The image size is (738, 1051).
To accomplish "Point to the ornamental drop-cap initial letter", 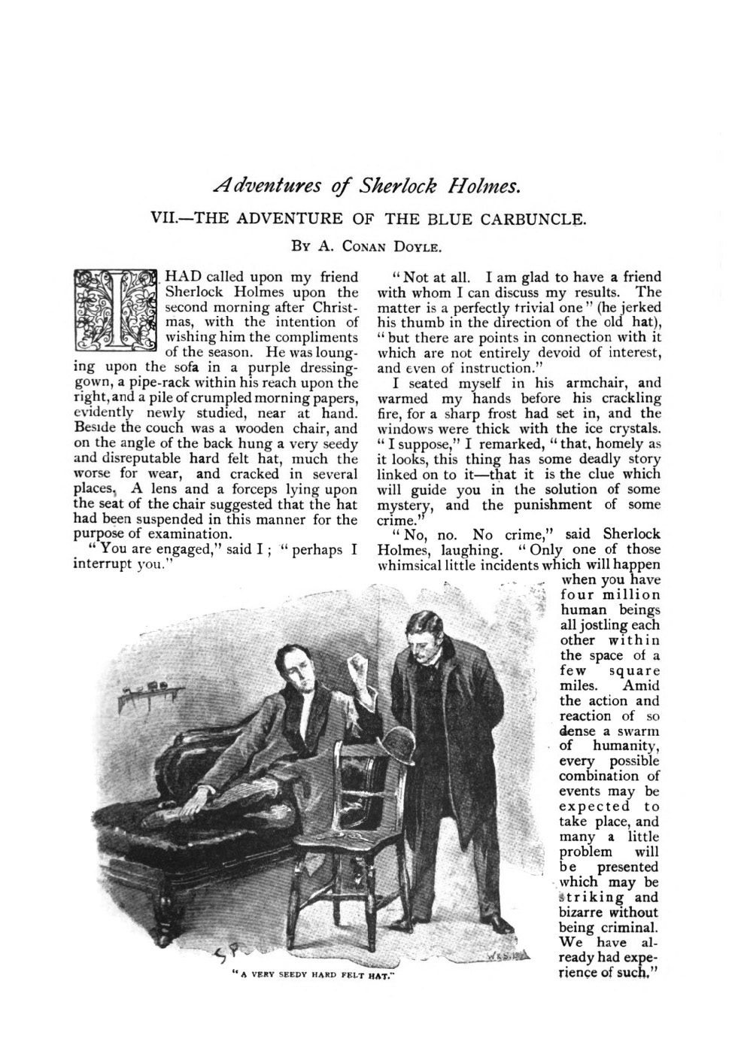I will pos(115,308).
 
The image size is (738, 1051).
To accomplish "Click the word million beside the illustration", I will pos(630,594).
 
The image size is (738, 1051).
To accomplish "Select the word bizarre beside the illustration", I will pos(582,912).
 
